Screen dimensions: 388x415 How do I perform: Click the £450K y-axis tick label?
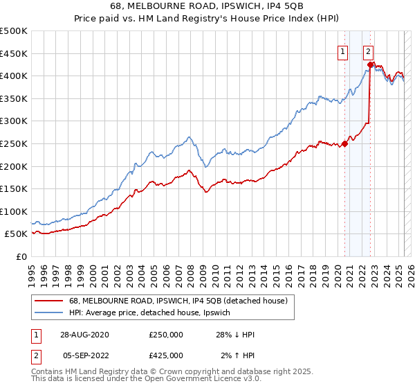14,53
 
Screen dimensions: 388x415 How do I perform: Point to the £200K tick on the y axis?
14,166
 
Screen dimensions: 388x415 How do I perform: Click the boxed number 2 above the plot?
368,51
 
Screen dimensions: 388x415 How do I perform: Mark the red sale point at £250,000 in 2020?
345,144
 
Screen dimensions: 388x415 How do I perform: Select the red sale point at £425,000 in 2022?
370,65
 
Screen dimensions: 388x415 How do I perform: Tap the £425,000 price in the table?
166,355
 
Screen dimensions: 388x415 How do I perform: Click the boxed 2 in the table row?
36,355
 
